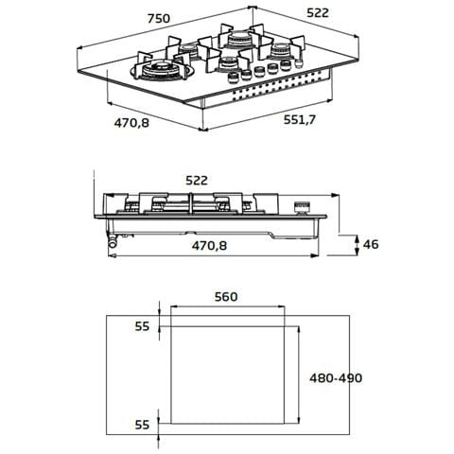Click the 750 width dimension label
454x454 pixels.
click(x=159, y=19)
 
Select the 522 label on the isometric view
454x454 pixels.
click(x=318, y=13)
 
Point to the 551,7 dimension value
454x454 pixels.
click(x=299, y=120)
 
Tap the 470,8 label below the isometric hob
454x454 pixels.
click(x=131, y=123)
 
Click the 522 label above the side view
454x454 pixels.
click(x=197, y=181)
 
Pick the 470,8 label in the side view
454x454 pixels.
click(x=209, y=245)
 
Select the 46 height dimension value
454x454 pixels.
click(x=371, y=244)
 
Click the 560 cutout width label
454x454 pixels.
click(x=226, y=297)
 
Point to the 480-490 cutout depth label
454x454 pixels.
click(x=336, y=377)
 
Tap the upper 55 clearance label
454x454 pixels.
click(x=142, y=326)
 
